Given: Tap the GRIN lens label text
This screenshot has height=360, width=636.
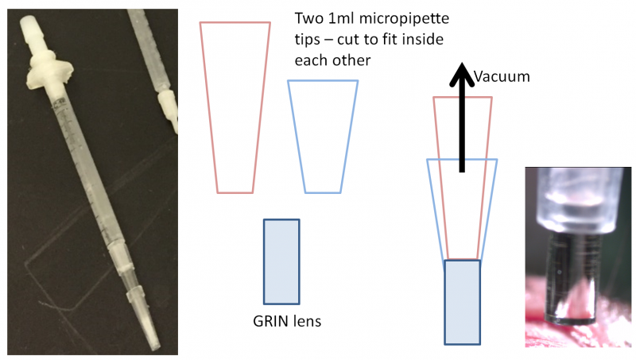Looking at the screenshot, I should (281, 323).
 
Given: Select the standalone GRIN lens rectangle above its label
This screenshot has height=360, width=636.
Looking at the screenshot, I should (281, 261).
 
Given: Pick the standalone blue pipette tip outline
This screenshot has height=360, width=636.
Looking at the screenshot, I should (323, 136).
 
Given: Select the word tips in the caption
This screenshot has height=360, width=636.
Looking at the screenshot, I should (307, 39).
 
